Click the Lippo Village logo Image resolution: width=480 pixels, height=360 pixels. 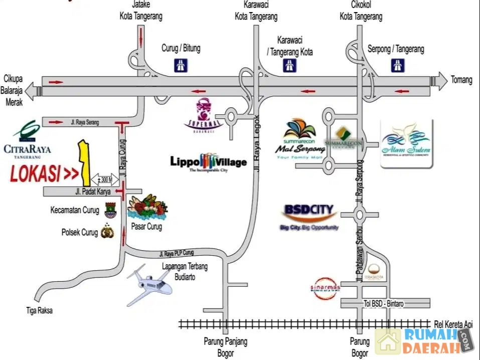point(208,162)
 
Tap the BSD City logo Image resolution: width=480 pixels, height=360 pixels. point(309,216)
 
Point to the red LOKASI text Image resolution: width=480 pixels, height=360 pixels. point(44,174)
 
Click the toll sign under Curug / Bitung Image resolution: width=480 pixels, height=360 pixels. point(181,65)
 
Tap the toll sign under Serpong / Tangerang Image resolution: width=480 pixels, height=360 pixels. point(397,65)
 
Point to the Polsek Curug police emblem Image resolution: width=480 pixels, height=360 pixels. point(107,232)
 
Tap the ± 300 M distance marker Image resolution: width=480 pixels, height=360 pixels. point(105,179)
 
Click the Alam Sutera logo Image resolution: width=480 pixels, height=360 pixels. point(406,143)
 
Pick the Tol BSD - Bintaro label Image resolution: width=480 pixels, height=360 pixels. point(384,303)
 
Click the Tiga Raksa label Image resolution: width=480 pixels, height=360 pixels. point(39,311)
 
